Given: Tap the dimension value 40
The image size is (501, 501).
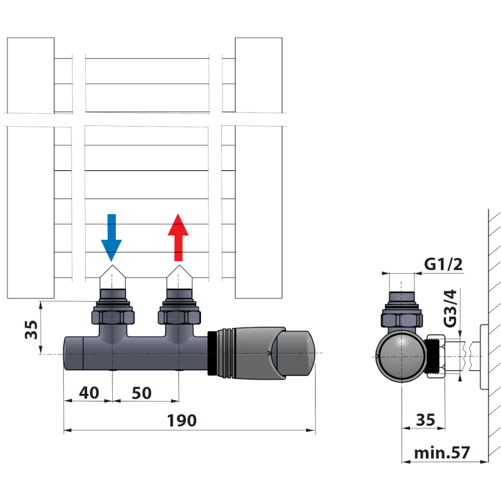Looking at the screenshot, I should click(x=89, y=393).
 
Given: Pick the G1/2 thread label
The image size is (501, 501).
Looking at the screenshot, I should click(x=443, y=264).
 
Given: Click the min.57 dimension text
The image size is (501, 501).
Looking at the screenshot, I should click(x=442, y=452).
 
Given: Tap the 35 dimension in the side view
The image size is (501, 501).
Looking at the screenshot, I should click(x=425, y=420).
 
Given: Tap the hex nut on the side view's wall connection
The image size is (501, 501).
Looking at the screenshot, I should click(x=435, y=356).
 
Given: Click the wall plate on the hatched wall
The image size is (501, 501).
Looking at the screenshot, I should click(x=483, y=356).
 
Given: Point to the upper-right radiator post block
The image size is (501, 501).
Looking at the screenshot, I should click(x=258, y=75).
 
